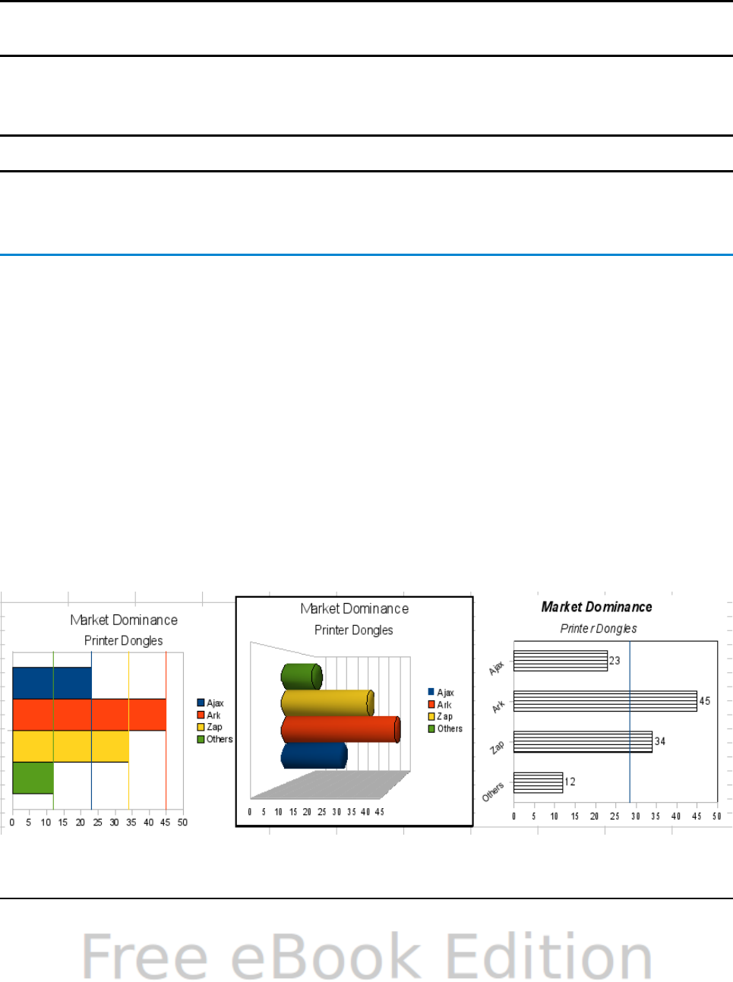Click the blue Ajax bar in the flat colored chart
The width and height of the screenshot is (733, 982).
pos(52,682)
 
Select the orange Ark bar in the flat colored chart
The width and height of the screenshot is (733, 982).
pos(89,715)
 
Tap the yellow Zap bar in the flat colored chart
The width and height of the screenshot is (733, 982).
pos(70,747)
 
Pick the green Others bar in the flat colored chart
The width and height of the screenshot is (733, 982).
pos(33,778)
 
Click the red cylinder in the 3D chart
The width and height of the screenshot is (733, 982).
pos(340,729)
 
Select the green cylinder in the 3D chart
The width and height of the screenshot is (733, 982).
pos(301,677)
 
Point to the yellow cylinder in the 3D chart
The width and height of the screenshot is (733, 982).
pos(327,703)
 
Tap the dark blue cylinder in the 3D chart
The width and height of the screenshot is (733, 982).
pos(313,756)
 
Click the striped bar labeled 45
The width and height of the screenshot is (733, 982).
pos(605,701)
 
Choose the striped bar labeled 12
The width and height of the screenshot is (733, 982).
pos(538,782)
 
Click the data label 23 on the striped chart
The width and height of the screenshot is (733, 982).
pos(615,661)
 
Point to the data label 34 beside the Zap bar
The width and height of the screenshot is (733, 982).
pos(660,741)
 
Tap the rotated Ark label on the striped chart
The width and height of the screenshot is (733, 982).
pos(498,707)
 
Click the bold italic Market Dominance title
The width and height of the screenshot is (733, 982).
pos(596,607)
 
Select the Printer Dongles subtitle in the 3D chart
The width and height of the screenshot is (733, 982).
pos(354,630)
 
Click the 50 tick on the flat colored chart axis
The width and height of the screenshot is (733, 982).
pos(182,823)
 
